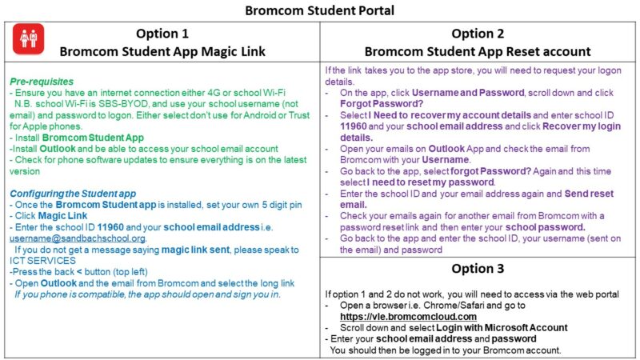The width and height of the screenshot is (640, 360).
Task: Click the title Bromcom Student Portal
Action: pyautogui.click(x=320, y=10)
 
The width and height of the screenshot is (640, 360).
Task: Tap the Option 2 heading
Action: pyautogui.click(x=478, y=34)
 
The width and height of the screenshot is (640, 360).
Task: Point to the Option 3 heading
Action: pyautogui.click(x=478, y=269)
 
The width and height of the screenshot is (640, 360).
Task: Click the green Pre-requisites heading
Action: pyautogui.click(x=42, y=82)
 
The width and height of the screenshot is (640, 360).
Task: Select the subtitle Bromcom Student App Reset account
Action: pyautogui.click(x=478, y=52)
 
